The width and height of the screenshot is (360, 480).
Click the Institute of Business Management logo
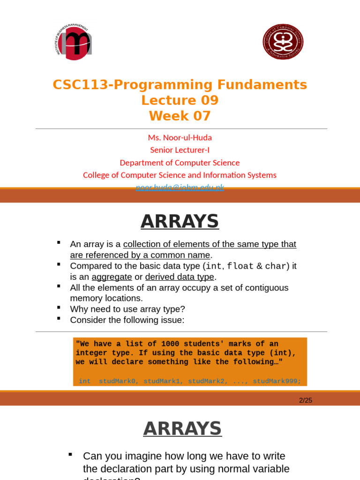tap(74, 42)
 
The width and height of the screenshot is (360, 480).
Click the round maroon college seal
tap(283, 42)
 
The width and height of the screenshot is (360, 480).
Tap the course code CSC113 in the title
tap(81, 85)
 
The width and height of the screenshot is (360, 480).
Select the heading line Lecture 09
tap(180, 100)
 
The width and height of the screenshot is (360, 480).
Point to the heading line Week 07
tap(180, 116)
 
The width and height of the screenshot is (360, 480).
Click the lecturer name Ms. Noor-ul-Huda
tap(180, 138)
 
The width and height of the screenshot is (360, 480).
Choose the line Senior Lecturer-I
tap(180, 150)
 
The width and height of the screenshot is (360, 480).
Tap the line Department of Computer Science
tap(180, 163)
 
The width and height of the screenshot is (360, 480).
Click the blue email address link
tap(180, 187)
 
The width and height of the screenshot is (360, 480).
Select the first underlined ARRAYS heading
tap(180, 221)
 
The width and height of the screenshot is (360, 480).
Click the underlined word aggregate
tap(112, 277)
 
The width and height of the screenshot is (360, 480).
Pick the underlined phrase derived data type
tap(180, 277)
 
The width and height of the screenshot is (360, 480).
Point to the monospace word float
tap(240, 266)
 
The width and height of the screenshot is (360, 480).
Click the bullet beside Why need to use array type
tap(59, 307)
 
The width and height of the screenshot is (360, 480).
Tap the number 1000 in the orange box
tap(171, 344)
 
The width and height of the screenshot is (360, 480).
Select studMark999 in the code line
tap(277, 382)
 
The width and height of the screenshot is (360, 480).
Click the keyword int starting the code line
tap(85, 382)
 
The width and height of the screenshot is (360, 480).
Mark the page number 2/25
tap(306, 400)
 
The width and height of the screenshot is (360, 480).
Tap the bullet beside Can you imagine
tap(70, 454)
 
